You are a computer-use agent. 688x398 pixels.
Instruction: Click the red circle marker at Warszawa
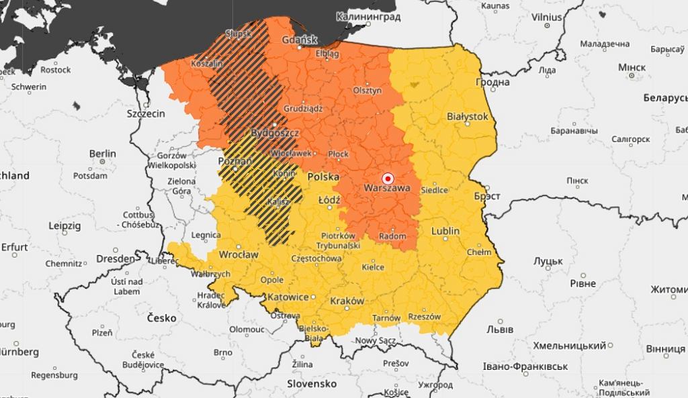point(387,179)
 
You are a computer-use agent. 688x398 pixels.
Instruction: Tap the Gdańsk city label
point(300,40)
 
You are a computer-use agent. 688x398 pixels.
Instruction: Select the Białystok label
point(467,116)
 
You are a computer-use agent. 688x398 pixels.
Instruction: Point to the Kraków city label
point(347,301)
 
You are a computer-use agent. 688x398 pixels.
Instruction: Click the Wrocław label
point(239,255)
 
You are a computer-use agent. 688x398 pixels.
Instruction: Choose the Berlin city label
point(102,154)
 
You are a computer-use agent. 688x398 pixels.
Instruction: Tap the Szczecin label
point(146,113)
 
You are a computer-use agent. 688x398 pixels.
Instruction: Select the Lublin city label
point(445,231)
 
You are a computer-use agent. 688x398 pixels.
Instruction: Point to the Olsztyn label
point(368,91)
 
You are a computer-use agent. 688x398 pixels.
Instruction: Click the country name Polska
point(323,177)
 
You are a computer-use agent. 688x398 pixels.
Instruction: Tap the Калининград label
point(368,16)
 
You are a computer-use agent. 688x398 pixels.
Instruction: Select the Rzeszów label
point(424,316)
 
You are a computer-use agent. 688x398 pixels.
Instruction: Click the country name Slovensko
point(312,383)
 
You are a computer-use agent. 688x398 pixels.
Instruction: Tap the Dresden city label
point(114,258)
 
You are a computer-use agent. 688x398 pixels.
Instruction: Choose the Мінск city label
point(632,68)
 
